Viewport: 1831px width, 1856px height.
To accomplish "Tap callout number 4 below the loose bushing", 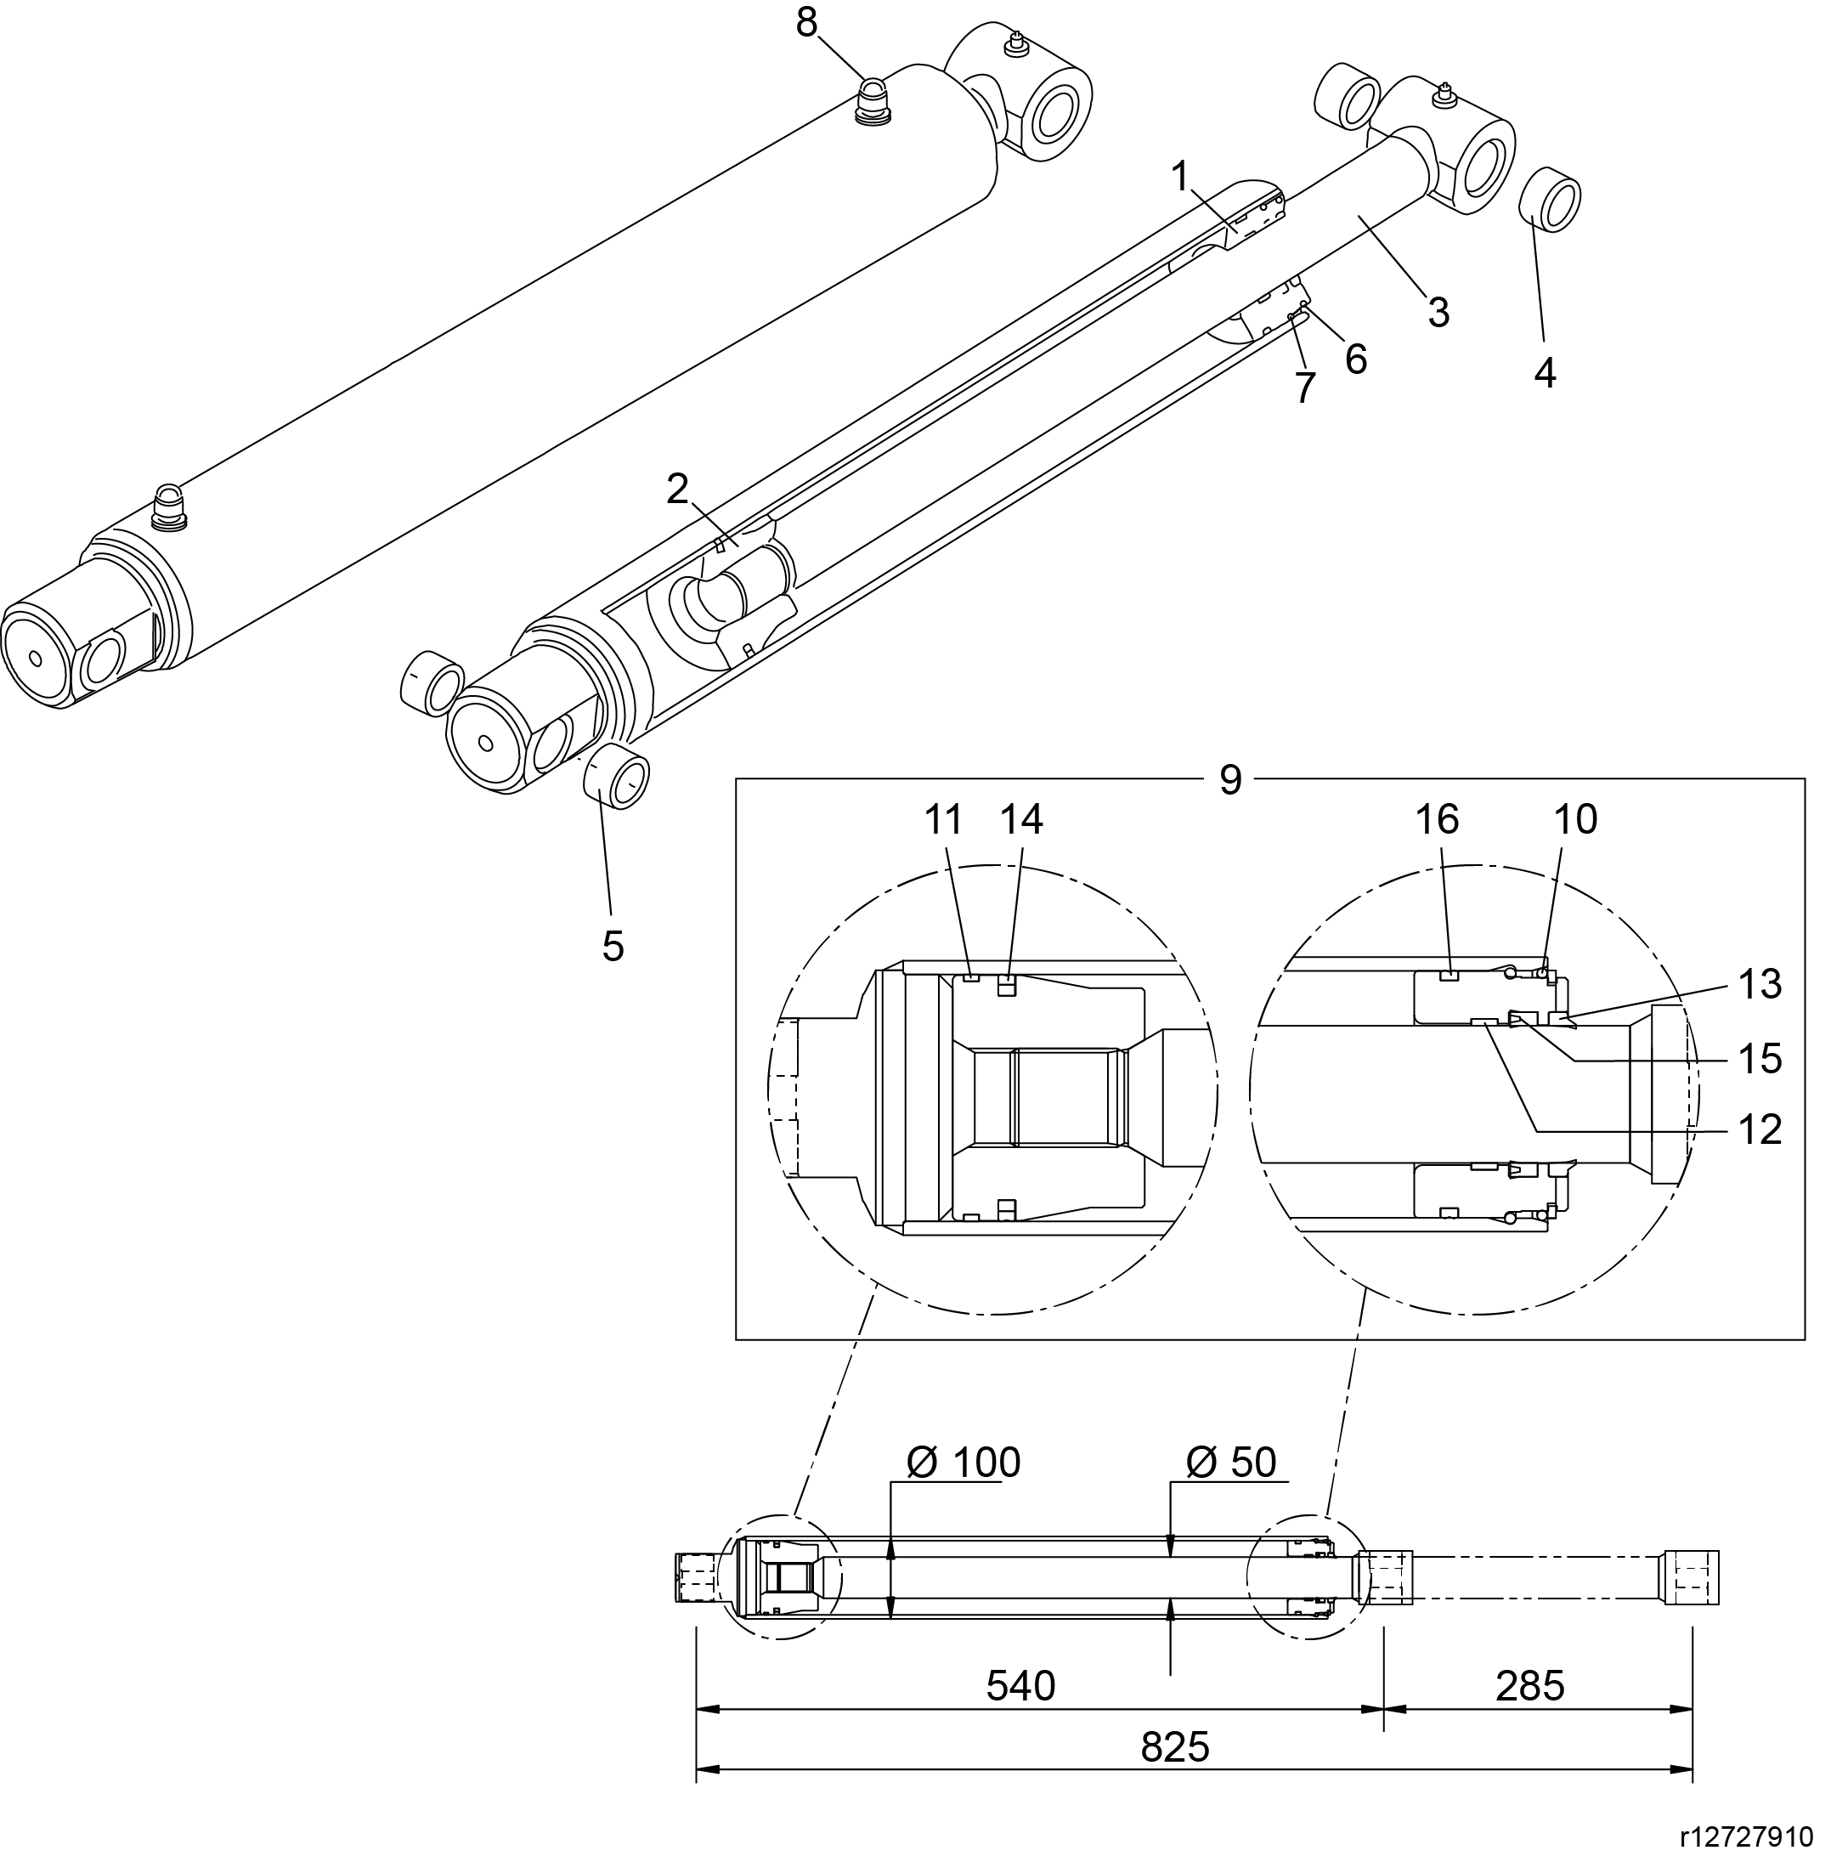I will (x=1544, y=374).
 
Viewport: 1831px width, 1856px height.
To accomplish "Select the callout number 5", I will (x=613, y=946).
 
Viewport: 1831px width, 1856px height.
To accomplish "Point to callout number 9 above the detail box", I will (x=1230, y=780).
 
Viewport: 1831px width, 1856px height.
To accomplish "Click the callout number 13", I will (x=1760, y=985).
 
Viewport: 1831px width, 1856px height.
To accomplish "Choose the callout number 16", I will (x=1437, y=819).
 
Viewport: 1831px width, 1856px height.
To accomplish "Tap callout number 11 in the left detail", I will (x=943, y=819).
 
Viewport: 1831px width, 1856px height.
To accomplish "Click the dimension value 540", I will (x=1020, y=1686).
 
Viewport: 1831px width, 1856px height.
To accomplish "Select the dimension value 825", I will (x=1174, y=1747).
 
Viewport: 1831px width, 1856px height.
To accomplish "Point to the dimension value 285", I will (x=1529, y=1686).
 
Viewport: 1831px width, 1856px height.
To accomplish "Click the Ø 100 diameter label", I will (x=963, y=1463).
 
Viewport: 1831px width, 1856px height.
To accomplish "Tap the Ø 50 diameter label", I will (x=1230, y=1463).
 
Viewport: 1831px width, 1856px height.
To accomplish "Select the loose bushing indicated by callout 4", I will (x=1549, y=199).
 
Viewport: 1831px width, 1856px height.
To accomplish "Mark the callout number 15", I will (x=1760, y=1059).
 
